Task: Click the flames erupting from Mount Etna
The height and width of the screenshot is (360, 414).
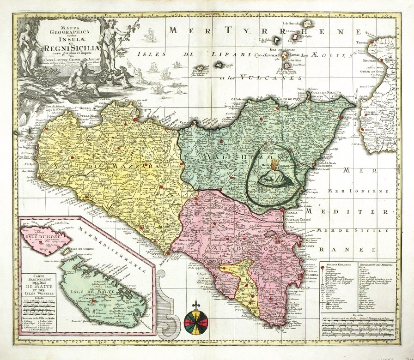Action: point(276,164)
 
